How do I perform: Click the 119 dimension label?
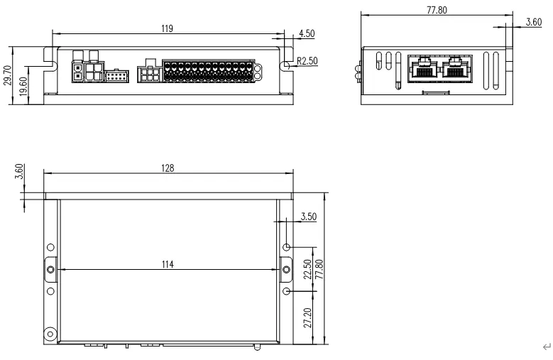pyautogui.click(x=168, y=28)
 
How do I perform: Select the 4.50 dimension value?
pyautogui.click(x=307, y=33)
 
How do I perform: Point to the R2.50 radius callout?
pyautogui.click(x=307, y=61)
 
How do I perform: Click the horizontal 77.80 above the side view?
pyautogui.click(x=436, y=11)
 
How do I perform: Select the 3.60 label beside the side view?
pyautogui.click(x=534, y=22)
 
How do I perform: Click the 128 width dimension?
pyautogui.click(x=168, y=168)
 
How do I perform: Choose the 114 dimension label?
pyautogui.click(x=168, y=265)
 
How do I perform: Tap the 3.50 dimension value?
pyautogui.click(x=308, y=217)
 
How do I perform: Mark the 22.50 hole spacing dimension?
pyautogui.click(x=307, y=269)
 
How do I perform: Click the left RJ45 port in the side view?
pyautogui.click(x=423, y=70)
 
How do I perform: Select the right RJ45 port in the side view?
pyautogui.click(x=456, y=70)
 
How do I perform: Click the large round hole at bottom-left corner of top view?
pyautogui.click(x=50, y=334)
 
